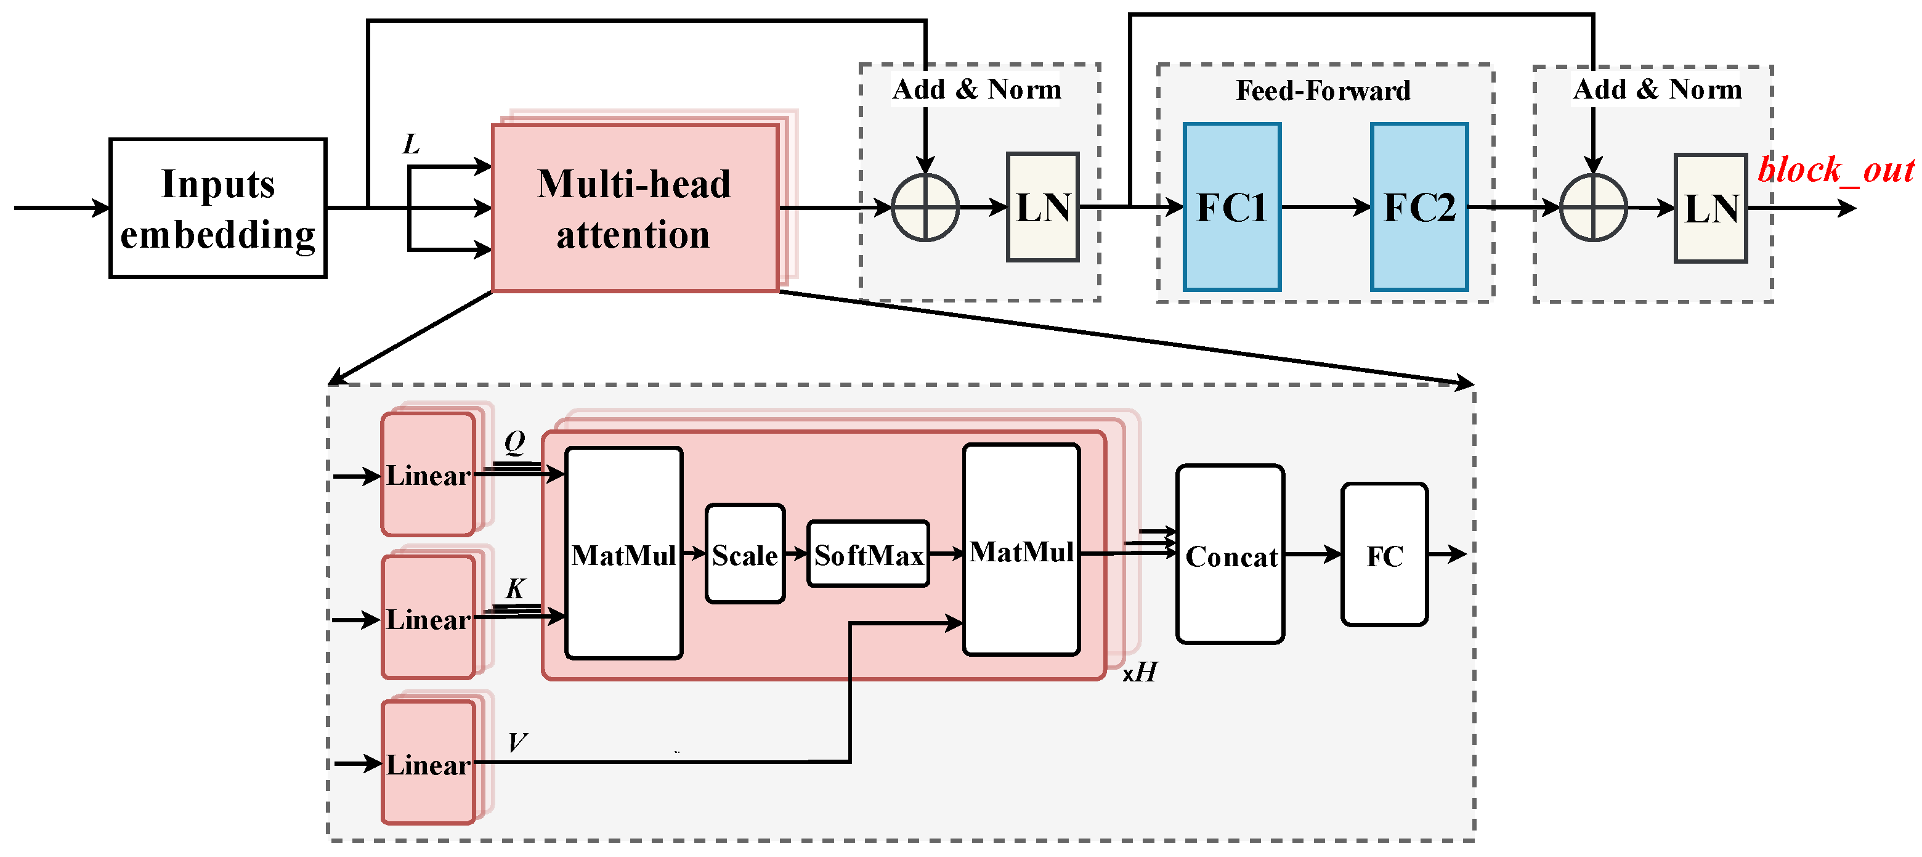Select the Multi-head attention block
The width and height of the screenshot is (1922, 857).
click(635, 208)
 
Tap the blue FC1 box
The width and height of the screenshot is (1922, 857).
click(1232, 207)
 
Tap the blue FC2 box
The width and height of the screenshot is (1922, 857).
click(1419, 207)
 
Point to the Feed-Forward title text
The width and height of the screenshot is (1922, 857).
click(1323, 91)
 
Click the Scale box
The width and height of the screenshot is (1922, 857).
click(745, 554)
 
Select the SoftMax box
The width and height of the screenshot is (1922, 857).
click(868, 554)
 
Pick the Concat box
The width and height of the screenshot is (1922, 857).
click(1230, 554)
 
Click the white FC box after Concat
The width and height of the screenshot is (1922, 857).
click(1384, 554)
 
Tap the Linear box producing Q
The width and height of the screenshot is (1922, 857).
click(428, 475)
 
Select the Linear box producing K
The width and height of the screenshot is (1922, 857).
click(428, 618)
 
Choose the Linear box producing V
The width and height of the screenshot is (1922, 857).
click(428, 763)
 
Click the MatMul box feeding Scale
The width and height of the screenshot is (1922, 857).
click(624, 554)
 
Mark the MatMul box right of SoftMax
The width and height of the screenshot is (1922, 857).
click(1021, 551)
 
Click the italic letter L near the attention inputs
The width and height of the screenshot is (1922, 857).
click(411, 144)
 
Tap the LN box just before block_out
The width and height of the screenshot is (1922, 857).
click(1710, 208)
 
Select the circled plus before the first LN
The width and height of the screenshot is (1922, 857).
click(925, 208)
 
